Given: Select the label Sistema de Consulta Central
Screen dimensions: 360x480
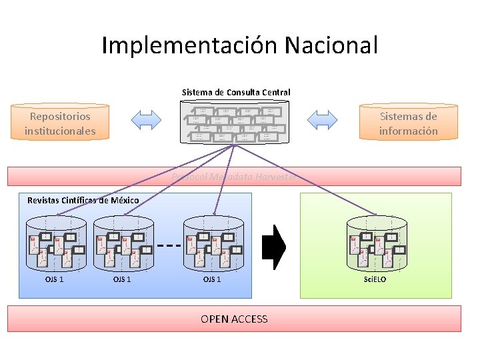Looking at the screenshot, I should pos(236,92).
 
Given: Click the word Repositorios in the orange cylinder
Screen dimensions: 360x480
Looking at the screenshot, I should pos(60,116).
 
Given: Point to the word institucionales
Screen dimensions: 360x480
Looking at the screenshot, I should pos(60,131).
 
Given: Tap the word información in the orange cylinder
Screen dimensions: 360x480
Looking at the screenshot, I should pos(409,131).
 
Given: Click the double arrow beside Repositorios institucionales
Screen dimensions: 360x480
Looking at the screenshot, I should pos(147,120).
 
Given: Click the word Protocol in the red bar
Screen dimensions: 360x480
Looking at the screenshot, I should pos(190,177).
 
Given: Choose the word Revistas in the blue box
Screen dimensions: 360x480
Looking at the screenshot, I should pos(44,200).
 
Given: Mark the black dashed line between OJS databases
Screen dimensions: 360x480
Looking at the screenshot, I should pos(169,245).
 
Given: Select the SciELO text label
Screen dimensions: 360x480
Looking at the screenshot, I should pos(375,279).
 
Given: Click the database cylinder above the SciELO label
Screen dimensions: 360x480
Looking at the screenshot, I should pos(376,243).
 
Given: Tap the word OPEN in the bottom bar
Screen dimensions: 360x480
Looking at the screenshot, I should pos(215,319).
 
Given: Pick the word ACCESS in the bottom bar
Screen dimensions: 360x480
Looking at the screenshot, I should pos(249,319).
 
